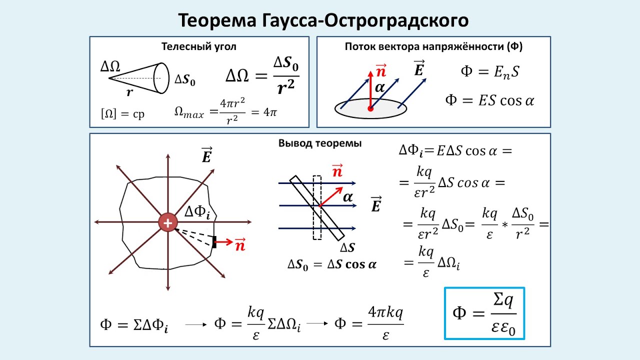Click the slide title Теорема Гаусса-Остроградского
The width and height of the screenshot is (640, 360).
click(x=323, y=20)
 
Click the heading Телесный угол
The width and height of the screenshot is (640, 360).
click(x=198, y=47)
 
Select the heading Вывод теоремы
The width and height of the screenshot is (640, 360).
click(x=320, y=143)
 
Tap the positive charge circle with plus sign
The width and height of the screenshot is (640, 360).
click(x=167, y=223)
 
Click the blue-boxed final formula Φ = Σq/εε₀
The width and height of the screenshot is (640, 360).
click(x=484, y=313)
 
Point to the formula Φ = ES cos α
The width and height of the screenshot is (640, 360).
click(x=490, y=100)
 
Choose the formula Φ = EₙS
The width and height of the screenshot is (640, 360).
click(x=490, y=71)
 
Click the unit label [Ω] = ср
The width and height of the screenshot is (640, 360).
click(x=122, y=113)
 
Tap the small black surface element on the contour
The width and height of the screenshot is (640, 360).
click(x=214, y=242)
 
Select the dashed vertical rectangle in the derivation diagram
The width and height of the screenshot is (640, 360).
click(x=316, y=207)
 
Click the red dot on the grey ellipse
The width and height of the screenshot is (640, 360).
click(x=370, y=108)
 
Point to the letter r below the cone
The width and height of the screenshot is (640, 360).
click(x=129, y=91)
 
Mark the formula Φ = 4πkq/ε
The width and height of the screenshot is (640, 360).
click(x=369, y=323)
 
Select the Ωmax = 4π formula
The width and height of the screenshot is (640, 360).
click(x=225, y=112)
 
